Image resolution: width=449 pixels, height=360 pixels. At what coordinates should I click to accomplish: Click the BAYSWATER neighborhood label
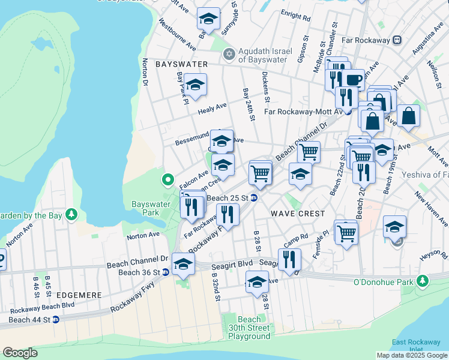click(x=181, y=64)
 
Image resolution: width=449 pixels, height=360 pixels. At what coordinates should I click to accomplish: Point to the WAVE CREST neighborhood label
click(x=298, y=214)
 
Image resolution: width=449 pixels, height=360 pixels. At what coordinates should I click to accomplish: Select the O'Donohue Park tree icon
click(x=423, y=280)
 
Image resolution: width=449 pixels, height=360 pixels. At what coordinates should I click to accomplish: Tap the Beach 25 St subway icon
click(x=255, y=198)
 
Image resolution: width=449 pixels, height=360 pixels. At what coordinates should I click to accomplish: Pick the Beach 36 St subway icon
click(x=166, y=272)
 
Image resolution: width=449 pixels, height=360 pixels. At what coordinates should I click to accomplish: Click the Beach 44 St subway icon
click(x=56, y=319)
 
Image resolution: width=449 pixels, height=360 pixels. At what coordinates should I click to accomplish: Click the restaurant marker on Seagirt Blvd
click(x=289, y=259)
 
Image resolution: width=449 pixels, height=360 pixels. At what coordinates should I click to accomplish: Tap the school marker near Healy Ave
click(x=195, y=86)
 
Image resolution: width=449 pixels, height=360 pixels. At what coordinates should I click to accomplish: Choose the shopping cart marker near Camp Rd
click(x=347, y=232)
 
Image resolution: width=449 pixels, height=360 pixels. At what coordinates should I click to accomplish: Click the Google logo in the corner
click(x=20, y=353)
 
